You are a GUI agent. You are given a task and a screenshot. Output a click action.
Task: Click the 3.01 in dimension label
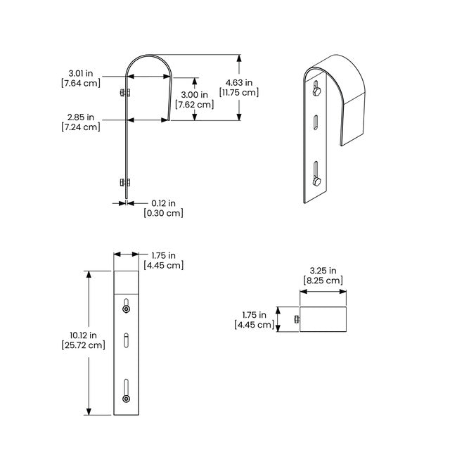coord(81,73)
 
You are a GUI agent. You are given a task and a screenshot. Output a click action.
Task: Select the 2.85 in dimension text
coord(81,117)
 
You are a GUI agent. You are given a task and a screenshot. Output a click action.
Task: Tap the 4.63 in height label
coord(239,83)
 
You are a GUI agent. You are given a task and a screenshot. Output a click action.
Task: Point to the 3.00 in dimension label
coord(195,95)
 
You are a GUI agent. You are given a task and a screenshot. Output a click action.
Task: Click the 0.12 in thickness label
coord(164,203)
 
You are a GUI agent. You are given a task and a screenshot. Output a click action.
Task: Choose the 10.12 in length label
coord(83,335)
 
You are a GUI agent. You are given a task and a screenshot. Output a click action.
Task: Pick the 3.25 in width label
coord(323,271)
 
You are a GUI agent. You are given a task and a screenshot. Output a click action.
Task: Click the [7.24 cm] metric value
coord(81,127)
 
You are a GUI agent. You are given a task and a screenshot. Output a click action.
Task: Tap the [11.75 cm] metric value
coord(239,92)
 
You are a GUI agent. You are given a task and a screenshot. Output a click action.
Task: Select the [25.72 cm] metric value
coord(84,345)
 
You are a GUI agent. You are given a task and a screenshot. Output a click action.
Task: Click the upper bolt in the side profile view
coord(125,93)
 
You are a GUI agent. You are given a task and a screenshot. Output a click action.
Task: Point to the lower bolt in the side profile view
coord(125,182)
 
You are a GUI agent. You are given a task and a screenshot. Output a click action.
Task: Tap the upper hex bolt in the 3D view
coord(316,91)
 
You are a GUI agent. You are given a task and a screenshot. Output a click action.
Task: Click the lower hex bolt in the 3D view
coord(316,181)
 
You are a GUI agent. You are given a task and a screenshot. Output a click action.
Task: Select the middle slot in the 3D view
coord(316,122)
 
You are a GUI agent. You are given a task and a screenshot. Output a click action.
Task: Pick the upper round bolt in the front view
coord(126,309)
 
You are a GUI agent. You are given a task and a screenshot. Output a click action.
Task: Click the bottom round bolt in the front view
coord(126,399)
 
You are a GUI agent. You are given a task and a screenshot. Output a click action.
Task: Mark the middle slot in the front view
coord(126,340)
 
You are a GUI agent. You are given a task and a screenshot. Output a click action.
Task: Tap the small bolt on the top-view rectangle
coord(297,319)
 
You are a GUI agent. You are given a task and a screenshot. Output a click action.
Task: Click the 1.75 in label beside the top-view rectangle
coord(255,315)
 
